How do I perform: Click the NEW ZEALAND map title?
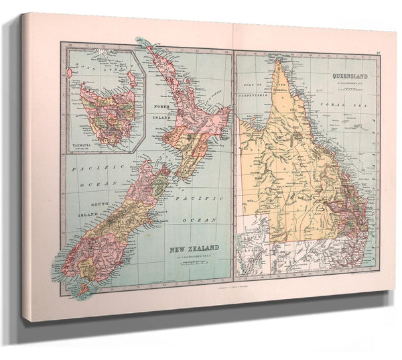[x=192, y=247]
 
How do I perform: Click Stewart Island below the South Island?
[x=82, y=289]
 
